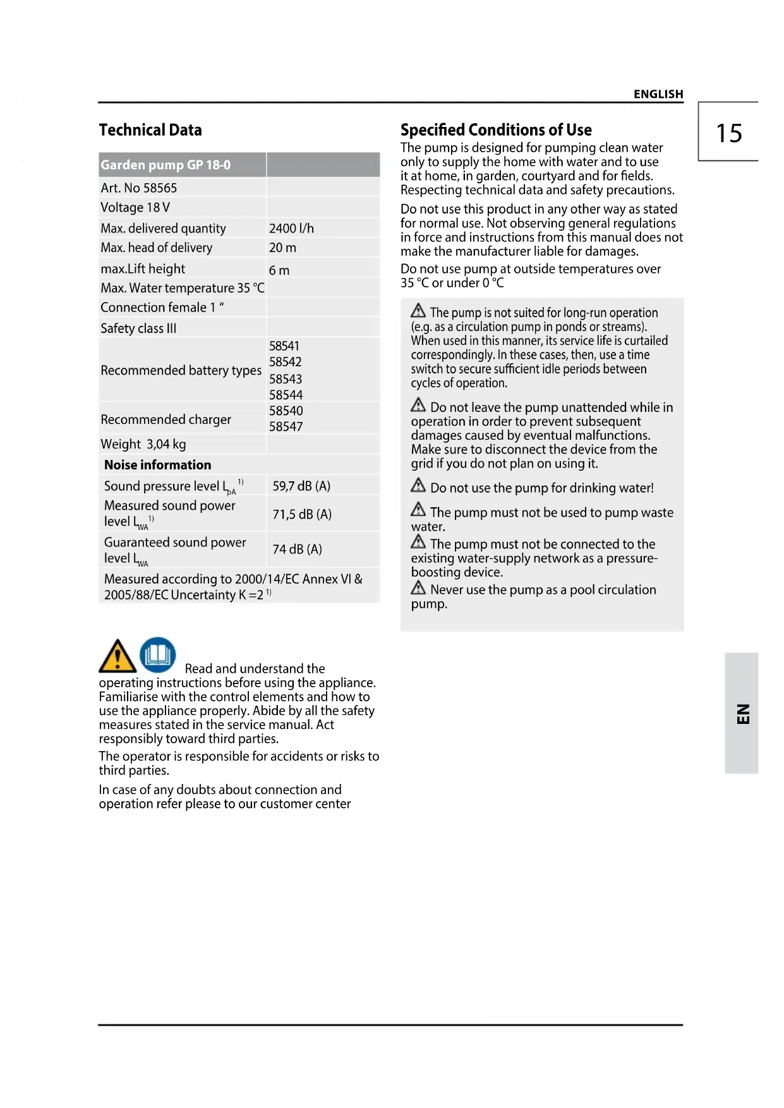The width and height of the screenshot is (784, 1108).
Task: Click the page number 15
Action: (x=728, y=133)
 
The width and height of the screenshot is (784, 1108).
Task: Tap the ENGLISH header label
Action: (x=658, y=94)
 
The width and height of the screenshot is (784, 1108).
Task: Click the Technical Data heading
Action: (x=150, y=130)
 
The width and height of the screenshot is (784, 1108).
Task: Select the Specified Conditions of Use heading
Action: (x=496, y=130)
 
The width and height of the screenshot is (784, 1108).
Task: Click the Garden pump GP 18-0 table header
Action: (x=166, y=165)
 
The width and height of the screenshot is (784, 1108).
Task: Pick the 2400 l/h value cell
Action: (x=291, y=228)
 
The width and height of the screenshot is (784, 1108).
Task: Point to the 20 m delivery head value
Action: (x=282, y=248)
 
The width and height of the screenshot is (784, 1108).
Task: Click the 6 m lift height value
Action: (x=279, y=270)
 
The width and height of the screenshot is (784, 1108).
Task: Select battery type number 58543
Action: (x=286, y=379)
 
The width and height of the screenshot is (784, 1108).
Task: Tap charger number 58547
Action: (x=286, y=426)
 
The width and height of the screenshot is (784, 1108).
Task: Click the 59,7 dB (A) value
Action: (x=301, y=486)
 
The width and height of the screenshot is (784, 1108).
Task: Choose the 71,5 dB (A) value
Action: (x=302, y=514)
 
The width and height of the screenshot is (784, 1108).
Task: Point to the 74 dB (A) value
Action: (x=297, y=549)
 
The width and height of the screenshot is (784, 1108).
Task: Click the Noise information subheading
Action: (x=158, y=465)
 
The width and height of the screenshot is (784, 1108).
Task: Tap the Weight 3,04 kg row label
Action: (x=143, y=444)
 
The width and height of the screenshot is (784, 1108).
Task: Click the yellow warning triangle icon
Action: (x=118, y=656)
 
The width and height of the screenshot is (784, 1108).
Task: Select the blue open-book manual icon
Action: (x=157, y=654)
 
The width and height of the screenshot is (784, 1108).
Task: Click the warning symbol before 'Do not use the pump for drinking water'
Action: (x=418, y=486)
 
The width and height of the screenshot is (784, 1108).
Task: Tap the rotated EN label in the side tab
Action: (x=743, y=714)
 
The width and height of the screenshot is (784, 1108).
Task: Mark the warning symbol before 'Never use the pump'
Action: (x=418, y=588)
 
